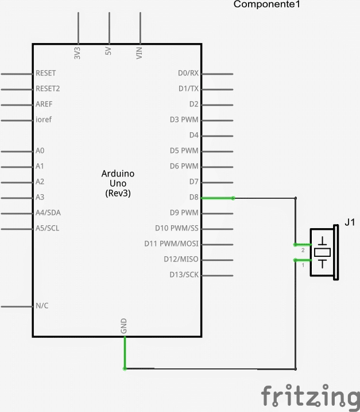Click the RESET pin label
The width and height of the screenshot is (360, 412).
tap(45, 74)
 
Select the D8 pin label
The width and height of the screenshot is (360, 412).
tap(193, 198)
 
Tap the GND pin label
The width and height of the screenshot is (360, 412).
tap(124, 326)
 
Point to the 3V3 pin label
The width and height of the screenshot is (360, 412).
tap(78, 53)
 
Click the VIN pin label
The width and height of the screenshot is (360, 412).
tap(139, 53)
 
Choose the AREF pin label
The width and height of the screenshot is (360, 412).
tap(44, 105)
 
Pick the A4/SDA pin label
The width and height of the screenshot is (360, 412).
tap(48, 213)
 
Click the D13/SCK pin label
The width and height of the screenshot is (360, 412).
tap(184, 275)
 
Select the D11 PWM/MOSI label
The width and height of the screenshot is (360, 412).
tap(171, 244)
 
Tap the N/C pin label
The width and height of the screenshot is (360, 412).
tap(42, 306)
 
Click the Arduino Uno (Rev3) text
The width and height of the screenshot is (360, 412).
tap(118, 183)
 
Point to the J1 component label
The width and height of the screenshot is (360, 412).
tap(350, 222)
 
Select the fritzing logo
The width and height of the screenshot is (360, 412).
tap(310, 396)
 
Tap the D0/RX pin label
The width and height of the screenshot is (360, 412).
tap(188, 74)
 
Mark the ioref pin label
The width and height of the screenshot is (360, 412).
tap(43, 120)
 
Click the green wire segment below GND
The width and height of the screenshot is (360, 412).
tap(125, 353)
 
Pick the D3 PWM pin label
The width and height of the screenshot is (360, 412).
tap(184, 120)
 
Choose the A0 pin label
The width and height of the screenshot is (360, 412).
tap(40, 151)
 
